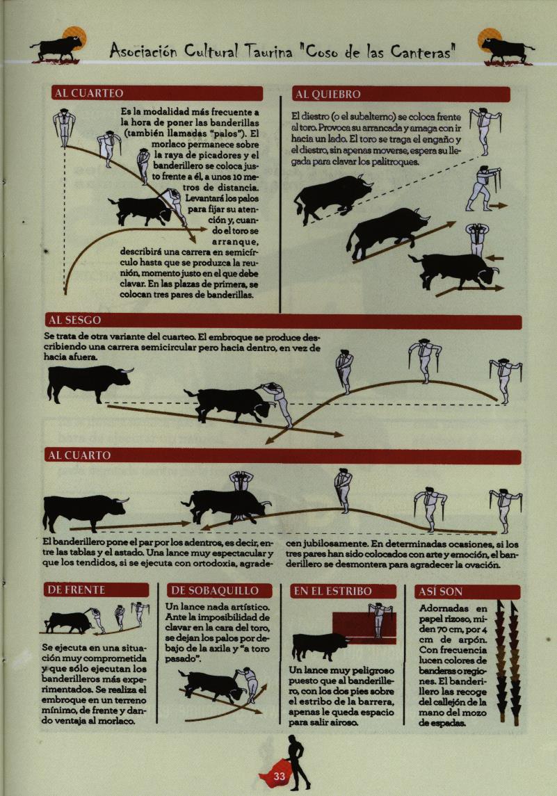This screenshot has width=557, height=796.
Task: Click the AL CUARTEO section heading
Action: (89, 93)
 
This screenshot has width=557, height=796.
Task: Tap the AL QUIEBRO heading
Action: (328, 95)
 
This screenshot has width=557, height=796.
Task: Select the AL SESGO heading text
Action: (74, 320)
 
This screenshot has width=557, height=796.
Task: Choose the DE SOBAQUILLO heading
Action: (215, 590)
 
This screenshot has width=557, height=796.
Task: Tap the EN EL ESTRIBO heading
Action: (333, 592)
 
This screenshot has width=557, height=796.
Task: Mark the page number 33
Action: (280, 777)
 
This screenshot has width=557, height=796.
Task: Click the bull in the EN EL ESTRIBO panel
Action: (319, 646)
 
